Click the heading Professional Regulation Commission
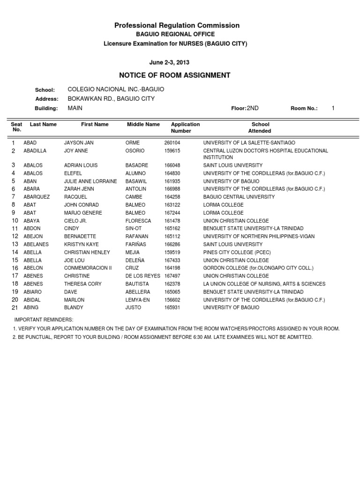click(177, 25)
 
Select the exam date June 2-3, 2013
click(169, 62)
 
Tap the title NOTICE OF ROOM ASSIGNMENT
click(175, 75)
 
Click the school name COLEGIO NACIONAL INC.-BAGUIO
click(116, 90)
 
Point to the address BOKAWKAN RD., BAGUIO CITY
click(111, 99)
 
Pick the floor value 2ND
click(253, 108)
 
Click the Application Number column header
click(185, 127)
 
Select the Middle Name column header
click(143, 124)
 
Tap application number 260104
click(172, 142)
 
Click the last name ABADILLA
click(36, 151)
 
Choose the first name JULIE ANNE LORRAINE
click(90, 181)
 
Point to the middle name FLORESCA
click(138, 221)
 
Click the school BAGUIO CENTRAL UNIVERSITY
click(239, 197)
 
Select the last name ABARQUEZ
click(37, 197)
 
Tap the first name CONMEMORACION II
click(88, 268)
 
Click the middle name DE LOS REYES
click(143, 276)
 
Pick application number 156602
click(172, 300)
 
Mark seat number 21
click(15, 308)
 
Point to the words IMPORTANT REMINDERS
click(44, 320)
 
